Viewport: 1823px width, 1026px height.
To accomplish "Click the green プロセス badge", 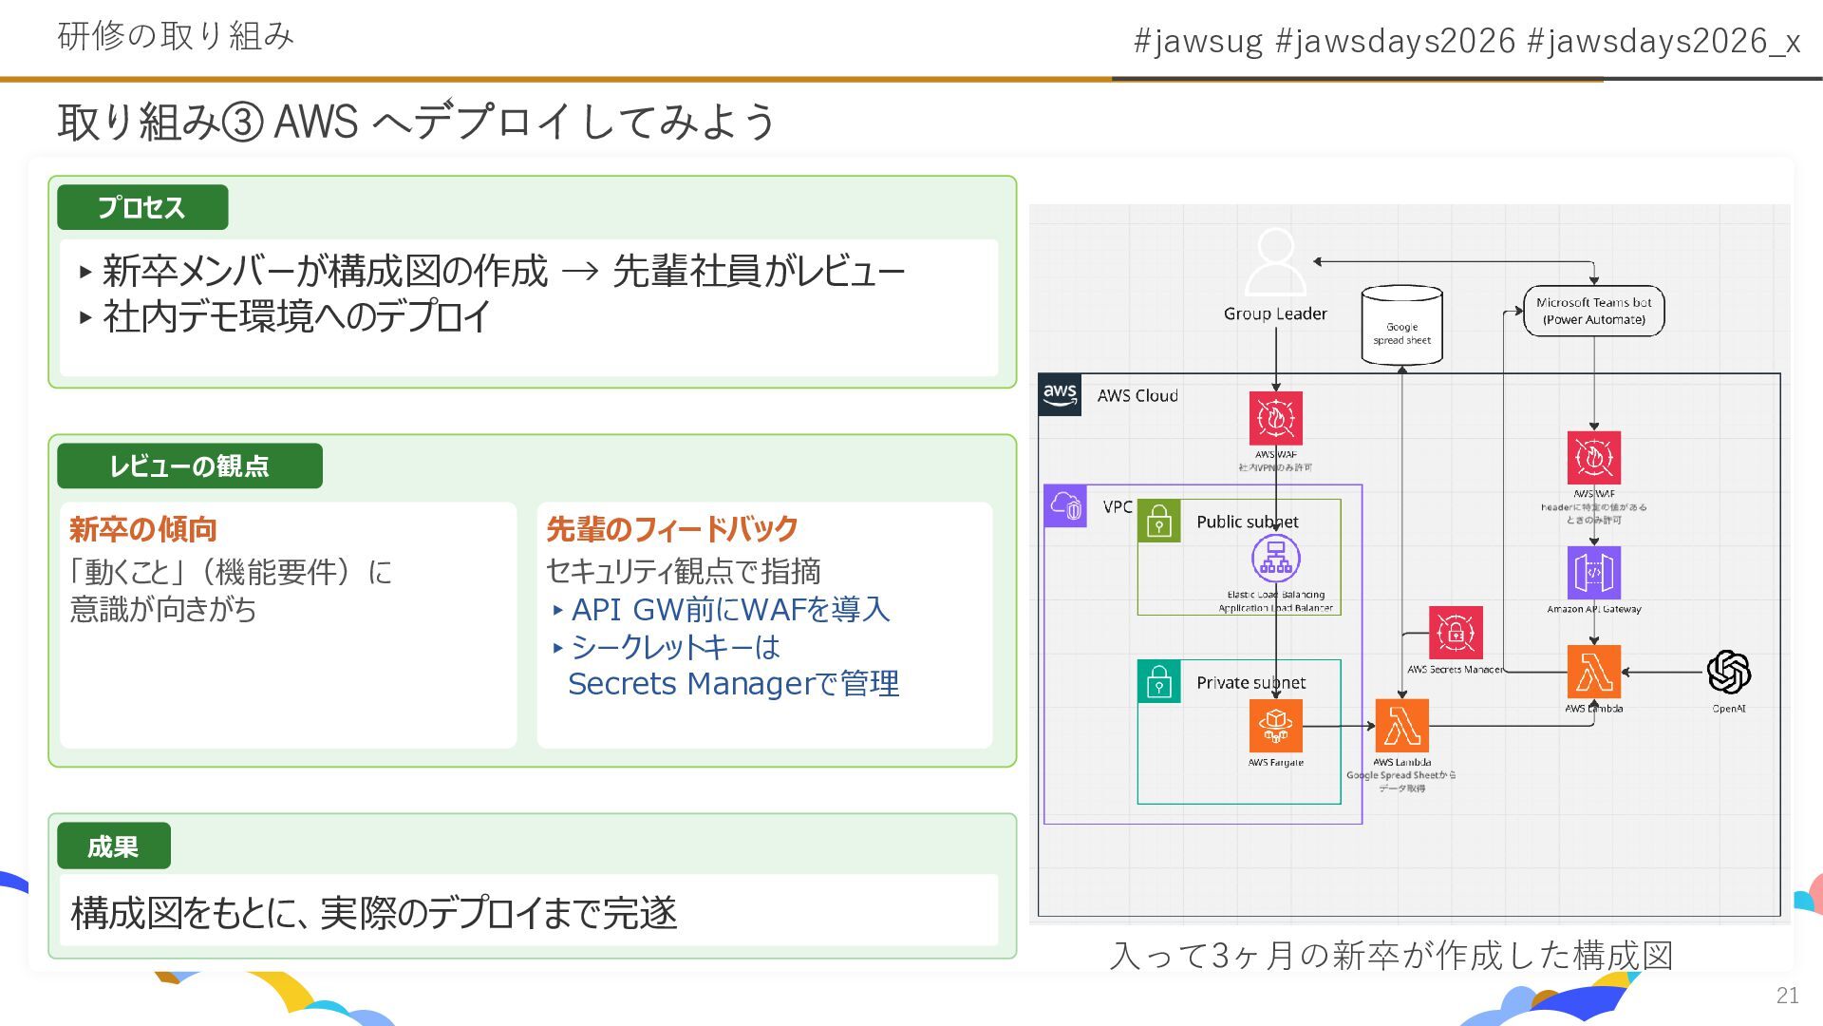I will (142, 207).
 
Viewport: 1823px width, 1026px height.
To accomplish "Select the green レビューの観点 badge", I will (189, 465).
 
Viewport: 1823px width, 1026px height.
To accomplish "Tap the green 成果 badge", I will (114, 845).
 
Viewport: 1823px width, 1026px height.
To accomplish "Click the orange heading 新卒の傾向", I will (143, 529).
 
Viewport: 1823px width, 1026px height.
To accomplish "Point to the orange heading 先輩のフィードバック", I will (671, 529).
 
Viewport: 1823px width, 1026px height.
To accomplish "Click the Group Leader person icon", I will (1275, 262).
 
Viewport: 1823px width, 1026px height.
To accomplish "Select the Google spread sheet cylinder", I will (1401, 325).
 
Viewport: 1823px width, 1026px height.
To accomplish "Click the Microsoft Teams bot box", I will (1593, 311).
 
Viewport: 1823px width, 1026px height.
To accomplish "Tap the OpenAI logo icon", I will (1728, 673).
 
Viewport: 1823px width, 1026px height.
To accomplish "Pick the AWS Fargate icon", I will (1275, 726).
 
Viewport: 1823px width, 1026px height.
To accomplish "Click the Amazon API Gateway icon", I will (1593, 573).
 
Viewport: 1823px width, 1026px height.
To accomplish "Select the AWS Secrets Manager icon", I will (1456, 633).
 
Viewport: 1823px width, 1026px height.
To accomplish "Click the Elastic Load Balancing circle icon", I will (1275, 559).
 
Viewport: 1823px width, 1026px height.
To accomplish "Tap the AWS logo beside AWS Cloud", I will (1060, 394).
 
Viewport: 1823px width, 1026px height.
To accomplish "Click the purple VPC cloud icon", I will (1065, 505).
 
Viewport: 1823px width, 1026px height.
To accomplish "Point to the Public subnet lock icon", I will (1159, 522).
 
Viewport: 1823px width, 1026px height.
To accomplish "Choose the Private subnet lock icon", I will (1159, 682).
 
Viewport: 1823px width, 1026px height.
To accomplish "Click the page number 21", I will (1787, 995).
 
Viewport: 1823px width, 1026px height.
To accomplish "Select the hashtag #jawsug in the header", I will (1198, 41).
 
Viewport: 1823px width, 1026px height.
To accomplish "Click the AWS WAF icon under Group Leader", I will (1275, 418).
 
